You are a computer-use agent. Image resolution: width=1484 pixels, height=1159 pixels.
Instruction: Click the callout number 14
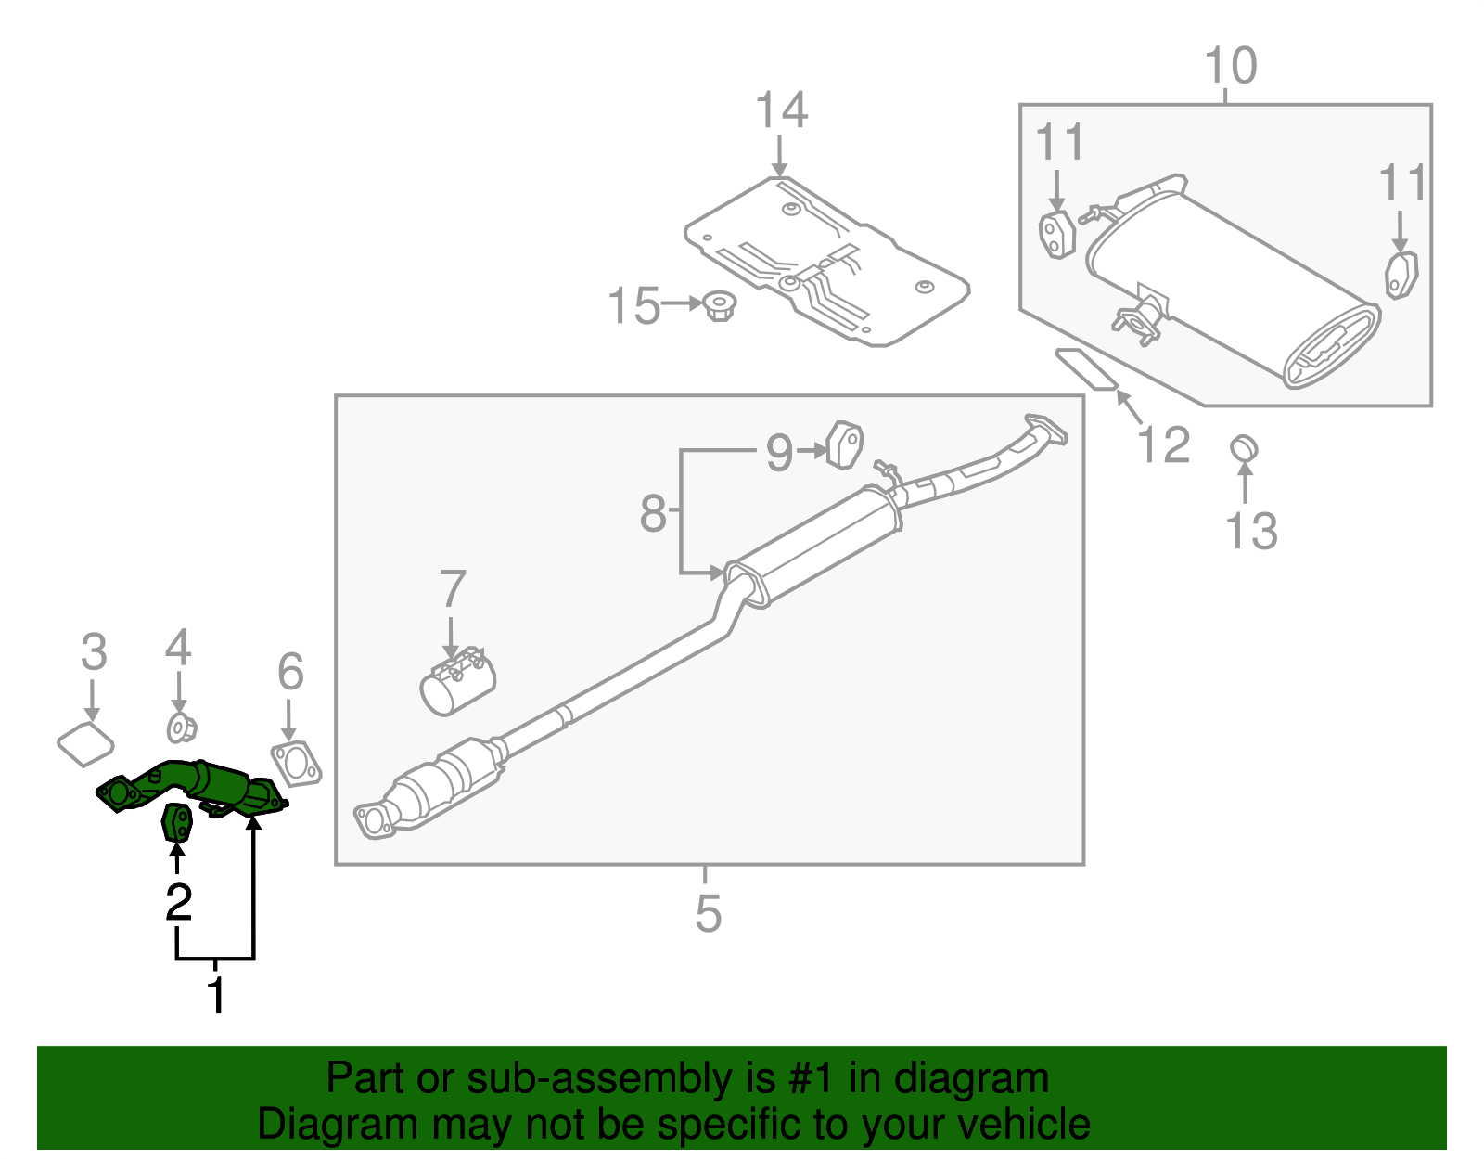click(x=781, y=110)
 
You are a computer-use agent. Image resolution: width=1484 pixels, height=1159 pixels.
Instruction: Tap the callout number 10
click(x=1230, y=66)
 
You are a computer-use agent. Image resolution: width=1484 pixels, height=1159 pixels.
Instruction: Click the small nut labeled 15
click(x=718, y=305)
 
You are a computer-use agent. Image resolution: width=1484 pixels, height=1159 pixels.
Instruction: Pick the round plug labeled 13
click(x=1244, y=449)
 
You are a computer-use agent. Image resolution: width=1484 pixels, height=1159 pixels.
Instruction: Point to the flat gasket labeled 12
click(x=1086, y=368)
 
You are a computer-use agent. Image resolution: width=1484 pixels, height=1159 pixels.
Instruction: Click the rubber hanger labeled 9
click(x=845, y=445)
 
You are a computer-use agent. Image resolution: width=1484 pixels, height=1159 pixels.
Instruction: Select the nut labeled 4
click(x=180, y=728)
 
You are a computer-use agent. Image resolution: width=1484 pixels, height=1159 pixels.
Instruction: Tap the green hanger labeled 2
click(x=177, y=822)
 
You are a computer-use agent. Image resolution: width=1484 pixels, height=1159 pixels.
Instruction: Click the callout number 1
click(x=215, y=996)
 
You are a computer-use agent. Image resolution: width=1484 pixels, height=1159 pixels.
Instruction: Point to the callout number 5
click(x=708, y=913)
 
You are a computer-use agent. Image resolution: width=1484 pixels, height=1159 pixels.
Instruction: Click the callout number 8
click(x=653, y=513)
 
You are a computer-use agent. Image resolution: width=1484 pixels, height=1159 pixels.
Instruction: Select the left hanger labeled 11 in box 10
click(x=1055, y=235)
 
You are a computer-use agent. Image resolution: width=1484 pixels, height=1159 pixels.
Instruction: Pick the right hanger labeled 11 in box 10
click(x=1401, y=276)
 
